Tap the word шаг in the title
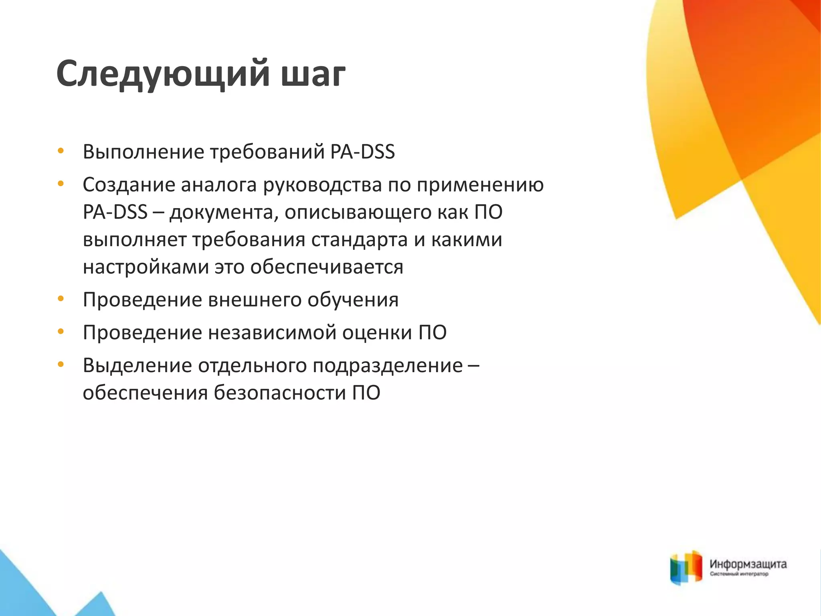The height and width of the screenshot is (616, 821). point(313,75)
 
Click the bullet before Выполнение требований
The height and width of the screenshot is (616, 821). point(61,151)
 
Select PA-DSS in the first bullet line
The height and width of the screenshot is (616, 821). point(363,152)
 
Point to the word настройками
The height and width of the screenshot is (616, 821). point(146,267)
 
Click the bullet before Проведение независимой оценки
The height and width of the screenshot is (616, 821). point(61,332)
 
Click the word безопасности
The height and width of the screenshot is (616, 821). point(279,393)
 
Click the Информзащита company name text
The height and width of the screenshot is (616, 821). point(748,565)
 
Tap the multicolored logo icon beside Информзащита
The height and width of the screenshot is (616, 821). point(686,567)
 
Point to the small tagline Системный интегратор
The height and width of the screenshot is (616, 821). point(739,574)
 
